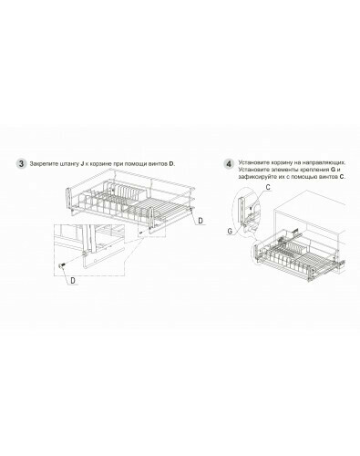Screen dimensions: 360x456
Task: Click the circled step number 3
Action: click(x=21, y=163)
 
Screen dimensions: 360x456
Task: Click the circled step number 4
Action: click(x=230, y=164)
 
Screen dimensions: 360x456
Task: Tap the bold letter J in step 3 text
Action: click(x=82, y=164)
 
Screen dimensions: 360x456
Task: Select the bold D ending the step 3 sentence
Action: click(x=171, y=164)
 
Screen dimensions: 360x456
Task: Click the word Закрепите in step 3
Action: click(x=41, y=164)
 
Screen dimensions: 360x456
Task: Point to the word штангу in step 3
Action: click(x=67, y=164)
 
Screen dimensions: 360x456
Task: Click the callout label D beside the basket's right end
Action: click(x=201, y=221)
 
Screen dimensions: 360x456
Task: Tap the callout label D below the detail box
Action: click(x=73, y=281)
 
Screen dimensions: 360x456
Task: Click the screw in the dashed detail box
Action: click(x=62, y=265)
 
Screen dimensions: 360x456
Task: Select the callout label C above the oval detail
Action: click(x=268, y=187)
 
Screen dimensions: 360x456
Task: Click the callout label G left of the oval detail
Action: click(x=230, y=231)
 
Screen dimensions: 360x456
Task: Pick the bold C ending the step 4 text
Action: click(x=342, y=177)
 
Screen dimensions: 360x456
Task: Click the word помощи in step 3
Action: click(x=139, y=164)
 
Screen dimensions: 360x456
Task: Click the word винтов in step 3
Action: click(x=159, y=164)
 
